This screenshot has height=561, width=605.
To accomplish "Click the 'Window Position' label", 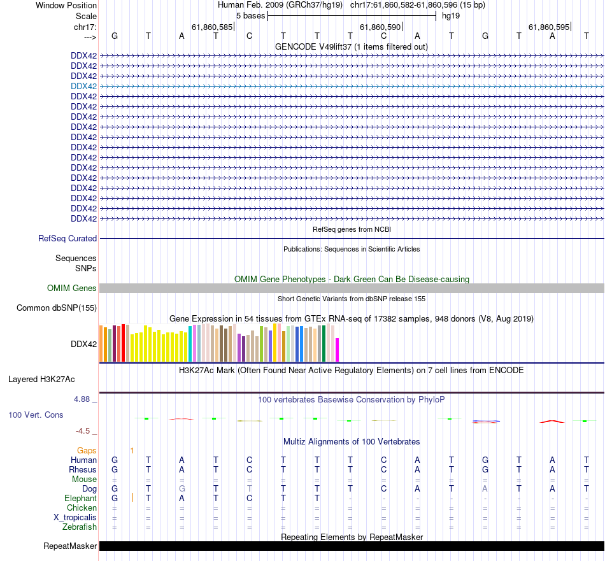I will tap(66, 5).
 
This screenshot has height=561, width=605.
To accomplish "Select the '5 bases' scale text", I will tap(250, 15).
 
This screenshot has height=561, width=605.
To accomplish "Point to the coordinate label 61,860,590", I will tap(380, 27).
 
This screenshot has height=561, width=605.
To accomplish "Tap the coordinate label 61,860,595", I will tap(549, 27).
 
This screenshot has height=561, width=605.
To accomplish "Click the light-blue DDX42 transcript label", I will tap(84, 86).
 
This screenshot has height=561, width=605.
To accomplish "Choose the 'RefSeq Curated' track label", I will tap(68, 238).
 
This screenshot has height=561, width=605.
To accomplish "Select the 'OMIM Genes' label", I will tap(72, 288).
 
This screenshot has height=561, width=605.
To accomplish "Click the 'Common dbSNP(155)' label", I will tap(56, 308).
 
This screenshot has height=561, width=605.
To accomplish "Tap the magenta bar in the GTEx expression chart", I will tap(338, 350).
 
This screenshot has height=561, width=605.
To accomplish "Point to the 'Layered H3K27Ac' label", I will tap(41, 380).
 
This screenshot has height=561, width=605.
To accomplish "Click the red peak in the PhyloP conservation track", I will tap(552, 420).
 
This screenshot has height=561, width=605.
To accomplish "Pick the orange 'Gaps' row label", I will tap(87, 450).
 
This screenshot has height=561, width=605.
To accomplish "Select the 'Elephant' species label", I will tap(80, 498).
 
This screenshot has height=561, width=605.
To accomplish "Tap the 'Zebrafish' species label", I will tap(80, 527).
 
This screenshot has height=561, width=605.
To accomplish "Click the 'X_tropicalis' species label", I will tap(75, 517).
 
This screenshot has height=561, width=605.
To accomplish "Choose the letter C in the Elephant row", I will tap(250, 498).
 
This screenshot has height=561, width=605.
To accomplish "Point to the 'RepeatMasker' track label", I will tap(70, 546).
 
